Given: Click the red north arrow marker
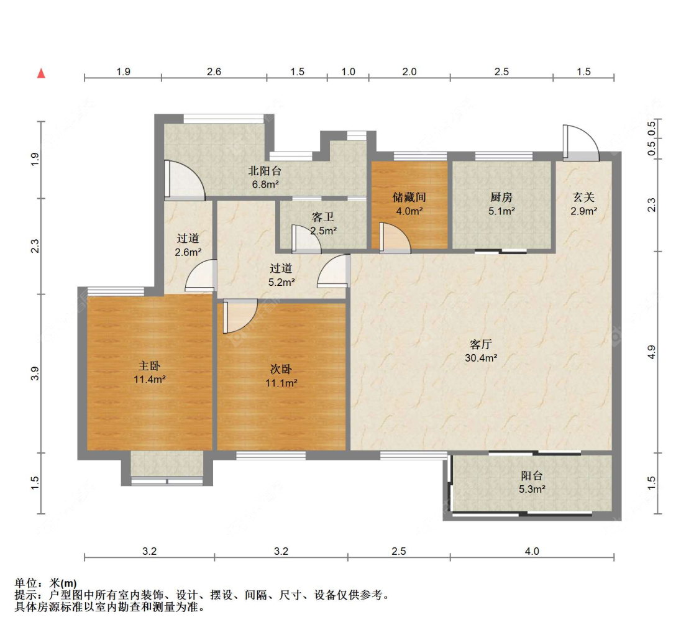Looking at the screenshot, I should click(42, 73).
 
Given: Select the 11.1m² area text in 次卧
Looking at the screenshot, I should click(281, 383).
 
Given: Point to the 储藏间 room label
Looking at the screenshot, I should click(409, 197).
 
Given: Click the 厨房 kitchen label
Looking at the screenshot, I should click(501, 197).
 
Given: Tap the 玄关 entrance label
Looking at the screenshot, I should click(583, 197).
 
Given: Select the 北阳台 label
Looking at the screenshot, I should click(264, 171).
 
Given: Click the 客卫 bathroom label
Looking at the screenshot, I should click(323, 217).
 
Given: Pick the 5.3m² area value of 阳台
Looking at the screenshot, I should click(532, 489).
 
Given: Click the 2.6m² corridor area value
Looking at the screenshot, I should click(188, 252).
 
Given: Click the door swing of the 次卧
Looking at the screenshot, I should click(239, 316).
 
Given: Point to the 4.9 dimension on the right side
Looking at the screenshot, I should click(651, 352).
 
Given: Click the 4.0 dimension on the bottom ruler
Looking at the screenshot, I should click(532, 551).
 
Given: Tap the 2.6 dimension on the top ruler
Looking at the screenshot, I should click(214, 71).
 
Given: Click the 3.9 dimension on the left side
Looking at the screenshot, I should click(35, 373).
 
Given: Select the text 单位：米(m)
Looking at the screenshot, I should click(45, 583).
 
